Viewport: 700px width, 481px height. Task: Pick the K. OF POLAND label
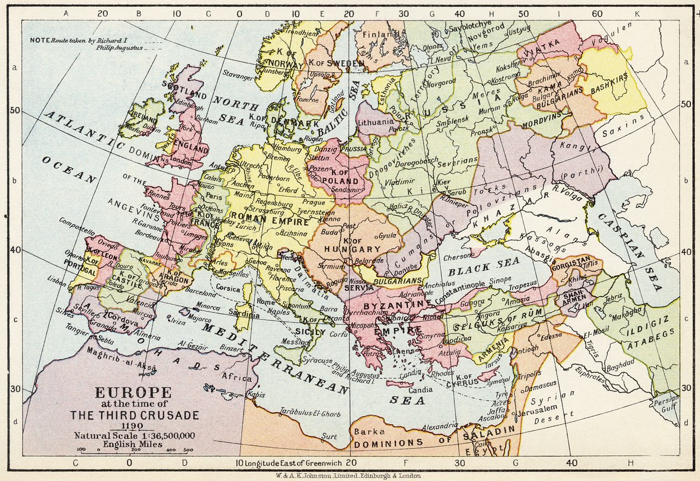pyautogui.click(x=339, y=180)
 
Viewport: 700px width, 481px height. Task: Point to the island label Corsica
pyautogui.click(x=228, y=289)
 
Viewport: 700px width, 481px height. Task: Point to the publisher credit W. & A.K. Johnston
pyautogui.click(x=350, y=475)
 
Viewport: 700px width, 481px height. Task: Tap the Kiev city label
pyautogui.click(x=444, y=182)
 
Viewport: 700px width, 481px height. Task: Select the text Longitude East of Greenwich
pyautogui.click(x=292, y=463)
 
